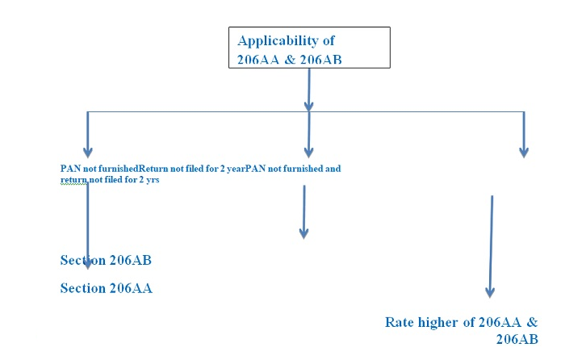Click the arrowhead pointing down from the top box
click(x=308, y=104)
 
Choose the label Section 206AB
click(x=106, y=261)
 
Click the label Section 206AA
click(x=106, y=288)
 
